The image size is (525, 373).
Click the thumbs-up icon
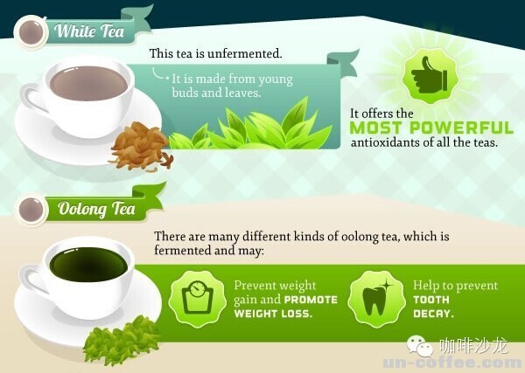pyautogui.click(x=430, y=76)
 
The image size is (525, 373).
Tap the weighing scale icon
pyautogui.click(x=197, y=298)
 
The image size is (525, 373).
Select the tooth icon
pyautogui.click(x=376, y=298)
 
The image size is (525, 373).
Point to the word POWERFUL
pyautogui.click(x=461, y=128)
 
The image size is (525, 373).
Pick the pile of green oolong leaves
pyautogui.click(x=122, y=341)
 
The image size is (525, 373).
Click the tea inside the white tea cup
pyautogui.click(x=88, y=83)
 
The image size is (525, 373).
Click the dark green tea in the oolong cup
pyautogui.click(x=88, y=265)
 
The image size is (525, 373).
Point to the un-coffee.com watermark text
pyautogui.click(x=453, y=363)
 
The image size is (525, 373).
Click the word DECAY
pyautogui.click(x=433, y=314)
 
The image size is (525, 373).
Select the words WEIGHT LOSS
pyautogui.click(x=273, y=314)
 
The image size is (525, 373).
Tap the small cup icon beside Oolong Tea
pyautogui.click(x=31, y=211)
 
